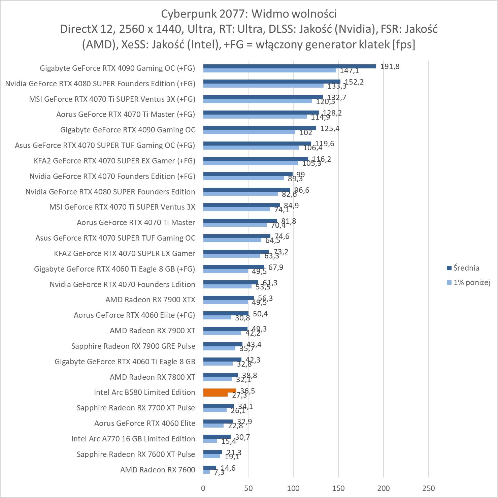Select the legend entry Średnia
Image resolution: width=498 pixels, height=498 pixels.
466,268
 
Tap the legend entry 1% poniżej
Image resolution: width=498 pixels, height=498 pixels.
471,282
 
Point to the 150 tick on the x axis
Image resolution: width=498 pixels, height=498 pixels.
338,488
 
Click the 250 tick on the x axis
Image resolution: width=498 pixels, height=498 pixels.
428,488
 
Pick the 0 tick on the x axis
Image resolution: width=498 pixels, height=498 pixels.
203,488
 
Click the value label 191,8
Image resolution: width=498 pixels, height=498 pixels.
390,66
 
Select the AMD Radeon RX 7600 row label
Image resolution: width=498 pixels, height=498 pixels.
158,470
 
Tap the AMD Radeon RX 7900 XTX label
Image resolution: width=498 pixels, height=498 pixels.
150,300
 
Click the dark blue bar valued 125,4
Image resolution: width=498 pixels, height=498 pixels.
260,128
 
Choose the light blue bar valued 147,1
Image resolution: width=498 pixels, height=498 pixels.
269,70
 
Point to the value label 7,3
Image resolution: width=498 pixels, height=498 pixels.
219,472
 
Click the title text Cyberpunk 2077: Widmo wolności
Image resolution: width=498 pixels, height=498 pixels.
249,14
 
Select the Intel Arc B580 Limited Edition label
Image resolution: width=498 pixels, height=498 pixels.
144,392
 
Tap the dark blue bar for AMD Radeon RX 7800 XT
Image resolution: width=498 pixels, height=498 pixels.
221,375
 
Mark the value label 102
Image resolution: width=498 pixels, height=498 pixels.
306,132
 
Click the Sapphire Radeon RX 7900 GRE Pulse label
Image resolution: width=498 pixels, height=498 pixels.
133,346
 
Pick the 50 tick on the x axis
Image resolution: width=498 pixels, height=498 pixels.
248,488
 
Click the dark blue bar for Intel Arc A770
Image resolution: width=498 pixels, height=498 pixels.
217,437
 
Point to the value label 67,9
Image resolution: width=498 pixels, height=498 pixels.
276,267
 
